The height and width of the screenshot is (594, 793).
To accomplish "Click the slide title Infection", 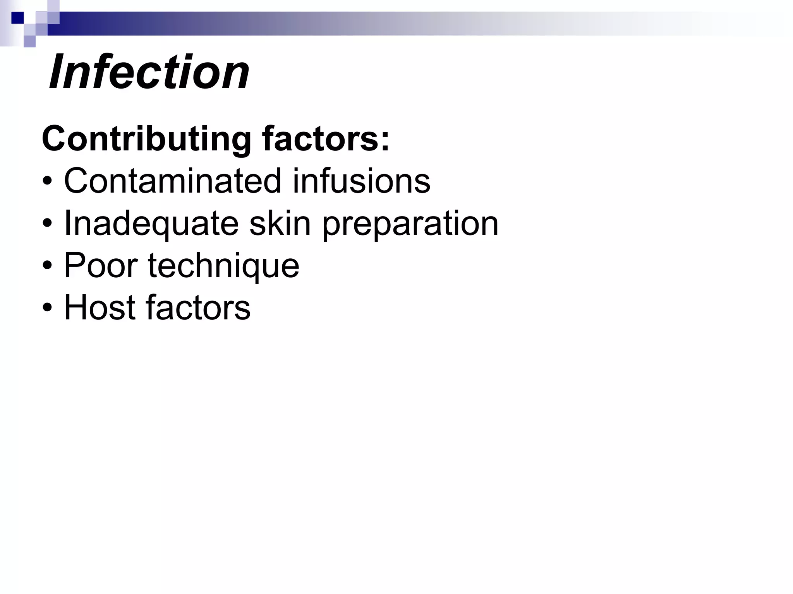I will (149, 72).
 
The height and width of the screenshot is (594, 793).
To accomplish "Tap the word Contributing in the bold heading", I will (147, 139).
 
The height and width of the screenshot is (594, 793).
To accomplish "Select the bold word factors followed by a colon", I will (321, 138).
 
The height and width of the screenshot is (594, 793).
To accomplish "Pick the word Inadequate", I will (151, 224).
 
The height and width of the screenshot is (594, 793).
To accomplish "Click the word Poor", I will (101, 265).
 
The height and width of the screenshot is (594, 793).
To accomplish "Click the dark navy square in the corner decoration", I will (17, 17).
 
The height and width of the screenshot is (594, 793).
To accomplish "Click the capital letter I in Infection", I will (57, 72).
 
